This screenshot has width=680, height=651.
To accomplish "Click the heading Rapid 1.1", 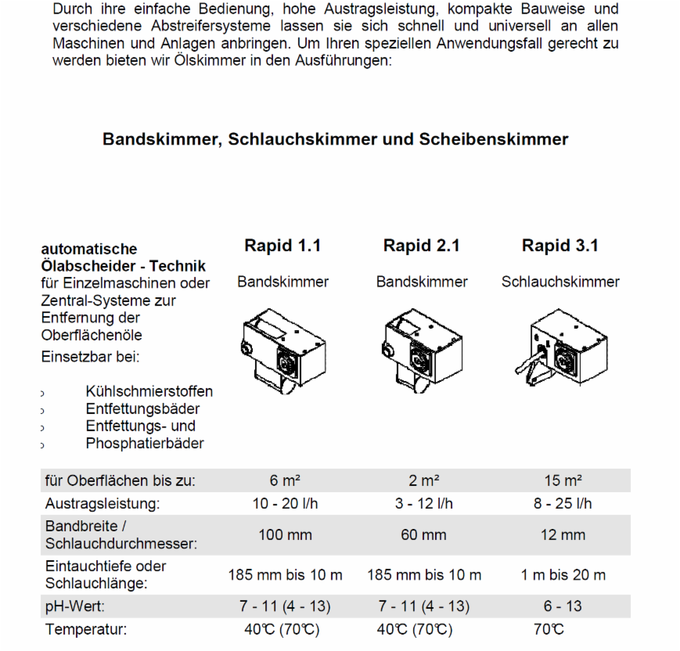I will [x=282, y=246].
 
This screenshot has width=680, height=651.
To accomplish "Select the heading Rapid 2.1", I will [x=421, y=246].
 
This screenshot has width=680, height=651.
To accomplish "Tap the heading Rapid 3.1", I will [x=560, y=246].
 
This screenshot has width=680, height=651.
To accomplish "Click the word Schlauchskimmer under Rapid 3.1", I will [x=560, y=282].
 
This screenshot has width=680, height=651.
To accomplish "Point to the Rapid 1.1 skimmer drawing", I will [x=282, y=348].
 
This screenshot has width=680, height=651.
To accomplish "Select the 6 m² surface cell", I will [x=283, y=480].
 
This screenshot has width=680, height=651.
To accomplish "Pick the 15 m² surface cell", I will [x=563, y=480].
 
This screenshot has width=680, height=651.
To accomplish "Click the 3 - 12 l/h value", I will [x=423, y=503].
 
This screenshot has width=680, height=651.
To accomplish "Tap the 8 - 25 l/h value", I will [x=563, y=503].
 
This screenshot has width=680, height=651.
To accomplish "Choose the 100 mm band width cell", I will [x=285, y=535].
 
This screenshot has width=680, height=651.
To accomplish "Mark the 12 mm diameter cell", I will [x=563, y=535].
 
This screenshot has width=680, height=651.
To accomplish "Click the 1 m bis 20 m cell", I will [x=563, y=575].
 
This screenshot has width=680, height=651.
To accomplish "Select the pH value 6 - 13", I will [x=563, y=606].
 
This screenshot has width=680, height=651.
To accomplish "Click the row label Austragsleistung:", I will [x=102, y=503].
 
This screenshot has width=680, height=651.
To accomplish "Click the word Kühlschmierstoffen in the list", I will [x=149, y=391].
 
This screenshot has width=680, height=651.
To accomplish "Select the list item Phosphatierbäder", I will [x=145, y=444].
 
